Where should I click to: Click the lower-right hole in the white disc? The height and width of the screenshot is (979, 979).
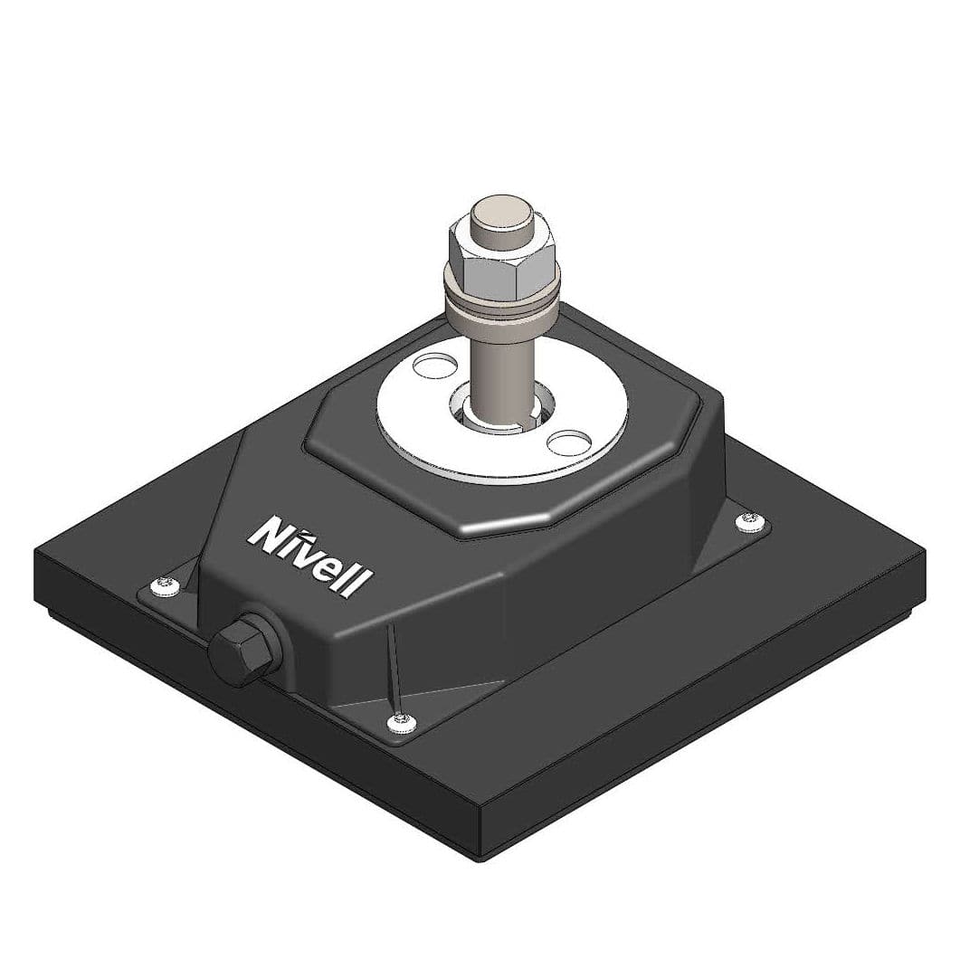[569, 442]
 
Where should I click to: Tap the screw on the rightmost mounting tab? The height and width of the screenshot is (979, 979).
[749, 520]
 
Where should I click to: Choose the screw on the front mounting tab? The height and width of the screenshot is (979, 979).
[402, 720]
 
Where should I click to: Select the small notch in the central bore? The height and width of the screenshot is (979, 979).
[534, 415]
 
